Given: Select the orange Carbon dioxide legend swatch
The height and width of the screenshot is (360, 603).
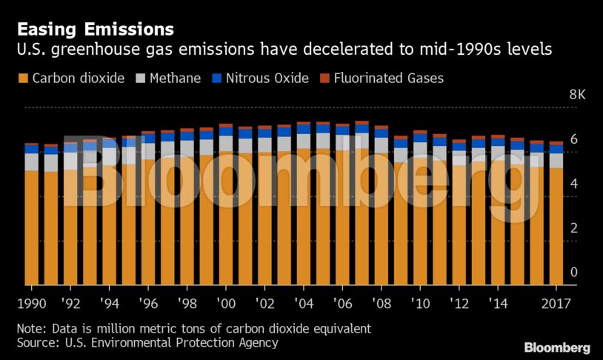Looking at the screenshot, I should [x=23, y=78].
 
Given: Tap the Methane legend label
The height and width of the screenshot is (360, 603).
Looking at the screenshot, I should [x=176, y=78].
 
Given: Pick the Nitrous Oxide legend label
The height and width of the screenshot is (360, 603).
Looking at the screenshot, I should [x=267, y=78].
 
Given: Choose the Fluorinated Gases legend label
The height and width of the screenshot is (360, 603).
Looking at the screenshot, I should [x=389, y=78].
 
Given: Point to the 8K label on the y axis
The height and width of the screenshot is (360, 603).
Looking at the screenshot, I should [x=577, y=95].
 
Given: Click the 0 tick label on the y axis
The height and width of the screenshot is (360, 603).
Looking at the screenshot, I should [x=573, y=273].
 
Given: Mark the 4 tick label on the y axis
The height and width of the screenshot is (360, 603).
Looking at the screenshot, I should [x=573, y=184].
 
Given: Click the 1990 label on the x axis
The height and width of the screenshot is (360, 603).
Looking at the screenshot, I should [x=31, y=304].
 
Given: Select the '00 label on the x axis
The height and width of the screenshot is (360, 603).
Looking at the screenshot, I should [x=226, y=304].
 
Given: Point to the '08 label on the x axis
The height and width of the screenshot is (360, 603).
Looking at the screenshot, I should [x=382, y=304].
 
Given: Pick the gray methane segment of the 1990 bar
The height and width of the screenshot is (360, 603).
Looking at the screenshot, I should [x=31, y=161].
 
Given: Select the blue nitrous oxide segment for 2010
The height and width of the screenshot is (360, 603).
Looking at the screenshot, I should [x=420, y=138].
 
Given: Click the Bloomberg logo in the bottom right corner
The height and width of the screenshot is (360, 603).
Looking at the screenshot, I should [x=557, y=347].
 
